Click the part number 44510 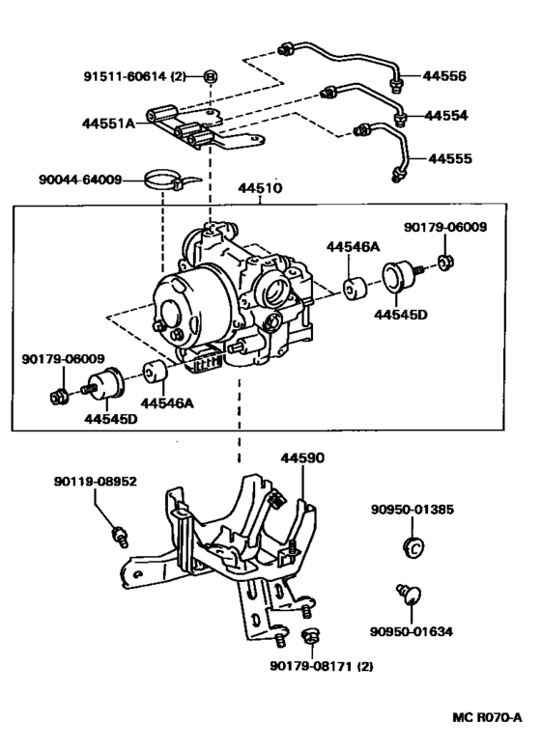pos(257,189)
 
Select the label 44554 pos(447,116)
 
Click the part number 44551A pos(111,123)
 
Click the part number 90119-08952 pos(97,478)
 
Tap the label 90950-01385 pos(413,509)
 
